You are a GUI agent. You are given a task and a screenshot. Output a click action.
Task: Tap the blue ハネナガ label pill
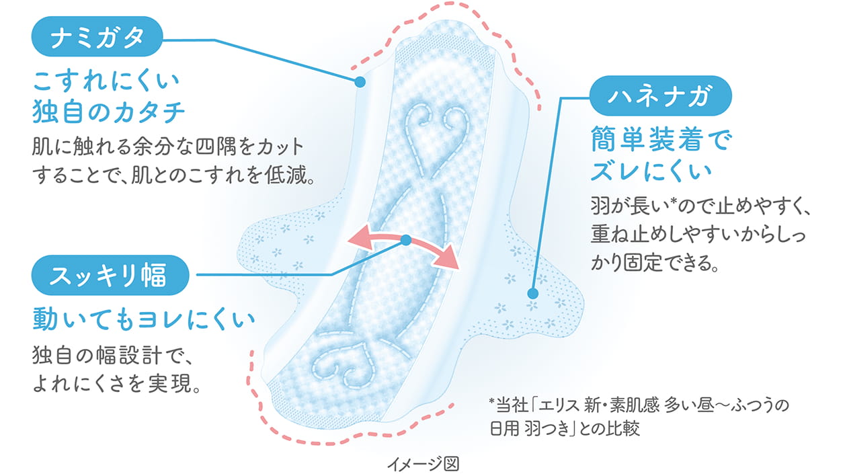pyautogui.click(x=659, y=97)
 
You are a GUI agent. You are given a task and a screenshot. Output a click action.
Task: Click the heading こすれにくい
pyautogui.click(x=106, y=83)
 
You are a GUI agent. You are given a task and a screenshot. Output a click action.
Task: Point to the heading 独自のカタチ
pyautogui.click(x=108, y=112)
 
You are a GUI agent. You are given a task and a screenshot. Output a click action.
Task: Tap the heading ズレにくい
pyautogui.click(x=650, y=171)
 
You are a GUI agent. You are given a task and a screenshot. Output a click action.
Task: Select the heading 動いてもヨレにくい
pyautogui.click(x=144, y=320)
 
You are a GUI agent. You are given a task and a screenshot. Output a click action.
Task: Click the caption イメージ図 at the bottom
pyautogui.click(x=424, y=464)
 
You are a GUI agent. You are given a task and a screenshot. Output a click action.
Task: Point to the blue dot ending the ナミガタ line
pyautogui.click(x=359, y=82)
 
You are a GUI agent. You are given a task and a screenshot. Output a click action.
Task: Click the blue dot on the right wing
pyautogui.click(x=532, y=293)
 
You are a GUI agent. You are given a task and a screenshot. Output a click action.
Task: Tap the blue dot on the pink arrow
pyautogui.click(x=405, y=239)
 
